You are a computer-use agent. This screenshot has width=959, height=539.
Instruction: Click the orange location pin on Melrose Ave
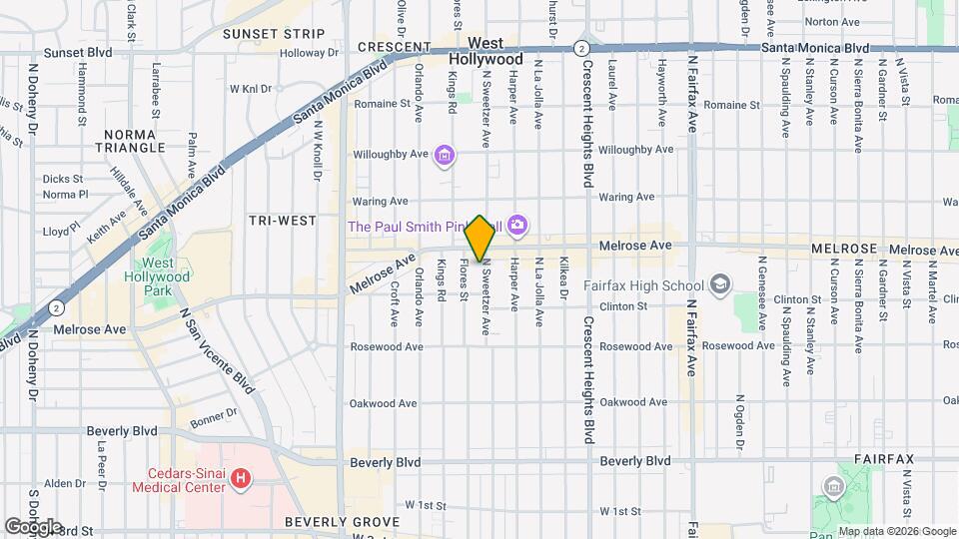479,239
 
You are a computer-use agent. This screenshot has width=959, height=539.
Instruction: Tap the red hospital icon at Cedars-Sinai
240,479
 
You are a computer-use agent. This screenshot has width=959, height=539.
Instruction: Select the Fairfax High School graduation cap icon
718,285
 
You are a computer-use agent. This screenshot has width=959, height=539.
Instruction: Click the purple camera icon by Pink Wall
516,226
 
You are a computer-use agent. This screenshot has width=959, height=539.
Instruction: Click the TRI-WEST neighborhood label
283,221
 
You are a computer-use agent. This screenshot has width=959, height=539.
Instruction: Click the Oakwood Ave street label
383,403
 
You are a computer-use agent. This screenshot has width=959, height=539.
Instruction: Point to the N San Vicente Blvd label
217,348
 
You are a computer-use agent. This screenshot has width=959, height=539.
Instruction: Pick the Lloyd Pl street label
62,230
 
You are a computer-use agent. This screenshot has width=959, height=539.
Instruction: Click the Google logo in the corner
33,526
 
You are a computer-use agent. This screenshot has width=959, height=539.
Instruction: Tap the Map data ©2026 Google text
897,531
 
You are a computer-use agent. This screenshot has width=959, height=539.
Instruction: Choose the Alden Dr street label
65,483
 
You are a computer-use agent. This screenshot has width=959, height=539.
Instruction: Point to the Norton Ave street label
832,21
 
